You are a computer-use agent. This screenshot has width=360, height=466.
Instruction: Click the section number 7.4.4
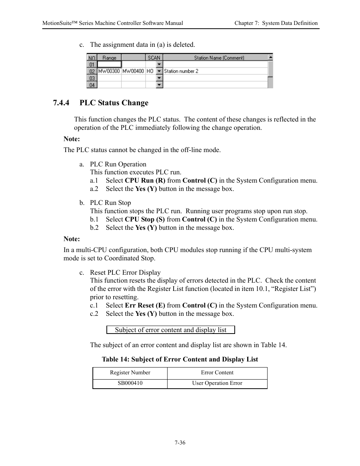point(61,103)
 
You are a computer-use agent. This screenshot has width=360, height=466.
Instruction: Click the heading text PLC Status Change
point(114,103)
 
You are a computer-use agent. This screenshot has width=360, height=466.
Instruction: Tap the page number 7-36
point(180,443)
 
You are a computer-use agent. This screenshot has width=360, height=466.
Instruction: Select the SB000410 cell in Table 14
point(130,383)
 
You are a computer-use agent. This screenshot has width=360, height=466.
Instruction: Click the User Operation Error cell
point(217,383)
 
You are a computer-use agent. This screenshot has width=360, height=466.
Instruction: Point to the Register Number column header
point(130,373)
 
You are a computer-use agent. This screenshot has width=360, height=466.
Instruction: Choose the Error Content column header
point(217,373)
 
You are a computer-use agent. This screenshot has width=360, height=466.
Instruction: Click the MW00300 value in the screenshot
point(109,71)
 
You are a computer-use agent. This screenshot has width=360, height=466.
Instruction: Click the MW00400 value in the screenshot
point(133,71)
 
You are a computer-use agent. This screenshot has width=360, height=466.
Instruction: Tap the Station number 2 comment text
point(181,71)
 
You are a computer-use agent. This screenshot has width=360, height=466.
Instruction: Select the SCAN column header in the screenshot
point(154,58)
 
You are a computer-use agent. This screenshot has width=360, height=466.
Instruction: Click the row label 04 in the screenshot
point(92,85)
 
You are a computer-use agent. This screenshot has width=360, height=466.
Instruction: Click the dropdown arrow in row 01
point(159,65)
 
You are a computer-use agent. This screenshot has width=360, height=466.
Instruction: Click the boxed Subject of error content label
point(171,330)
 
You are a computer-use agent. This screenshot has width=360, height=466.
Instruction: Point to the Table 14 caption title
point(180,360)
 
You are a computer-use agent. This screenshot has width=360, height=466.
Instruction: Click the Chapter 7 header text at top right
point(276,23)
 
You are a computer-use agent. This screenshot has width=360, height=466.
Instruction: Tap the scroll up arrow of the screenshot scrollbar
point(270,57)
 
